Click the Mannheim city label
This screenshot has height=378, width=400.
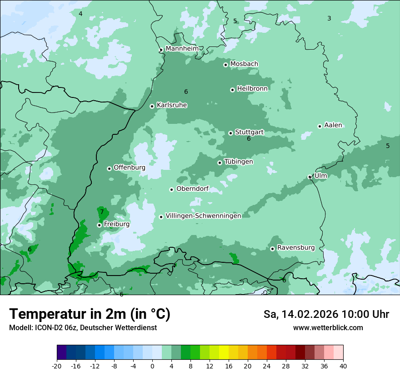(182, 48)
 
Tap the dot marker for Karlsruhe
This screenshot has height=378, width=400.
(152, 106)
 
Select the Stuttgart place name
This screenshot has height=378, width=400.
(249, 132)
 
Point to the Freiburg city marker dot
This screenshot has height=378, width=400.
(99, 225)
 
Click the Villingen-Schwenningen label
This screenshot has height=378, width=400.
(203, 216)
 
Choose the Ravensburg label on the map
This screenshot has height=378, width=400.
(295, 248)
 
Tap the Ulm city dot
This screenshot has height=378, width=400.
(310, 177)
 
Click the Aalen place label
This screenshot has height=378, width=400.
(333, 125)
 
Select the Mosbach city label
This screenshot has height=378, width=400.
(244, 64)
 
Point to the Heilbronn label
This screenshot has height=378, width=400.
(252, 89)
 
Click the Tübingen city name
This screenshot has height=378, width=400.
(239, 162)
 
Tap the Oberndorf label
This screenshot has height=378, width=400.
(192, 189)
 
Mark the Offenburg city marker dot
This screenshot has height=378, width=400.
(109, 169)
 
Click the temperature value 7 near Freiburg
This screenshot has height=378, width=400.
(102, 212)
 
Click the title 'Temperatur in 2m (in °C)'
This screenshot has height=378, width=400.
(90, 314)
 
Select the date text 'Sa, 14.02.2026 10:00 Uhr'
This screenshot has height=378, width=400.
(326, 314)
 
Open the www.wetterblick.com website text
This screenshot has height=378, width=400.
(328, 328)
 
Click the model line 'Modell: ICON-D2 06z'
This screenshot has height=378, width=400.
(83, 328)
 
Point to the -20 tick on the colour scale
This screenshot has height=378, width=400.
(57, 366)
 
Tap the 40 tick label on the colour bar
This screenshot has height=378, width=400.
(343, 366)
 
